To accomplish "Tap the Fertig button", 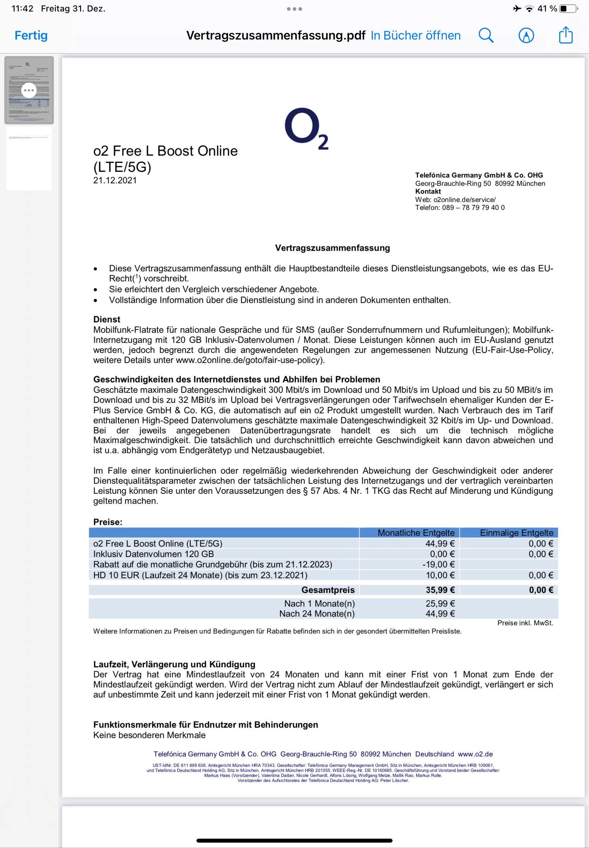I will pyautogui.click(x=31, y=36).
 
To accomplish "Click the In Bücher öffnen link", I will pyautogui.click(x=416, y=36).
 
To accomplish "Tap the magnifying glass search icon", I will pyautogui.click(x=486, y=36).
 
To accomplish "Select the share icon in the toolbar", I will pyautogui.click(x=565, y=35).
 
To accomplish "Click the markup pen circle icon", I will pyautogui.click(x=526, y=36).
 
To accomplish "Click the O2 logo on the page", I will pyautogui.click(x=306, y=128).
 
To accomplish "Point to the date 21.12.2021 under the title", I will pyautogui.click(x=115, y=180).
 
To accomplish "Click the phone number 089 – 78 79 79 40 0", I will pyautogui.click(x=473, y=207).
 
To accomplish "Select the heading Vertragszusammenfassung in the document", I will pyautogui.click(x=332, y=248).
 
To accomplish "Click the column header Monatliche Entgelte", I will pyautogui.click(x=416, y=533).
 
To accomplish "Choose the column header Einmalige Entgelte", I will pyautogui.click(x=516, y=533).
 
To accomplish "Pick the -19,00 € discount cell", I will pyautogui.click(x=438, y=564).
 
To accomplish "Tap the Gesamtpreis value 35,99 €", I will pyautogui.click(x=440, y=590).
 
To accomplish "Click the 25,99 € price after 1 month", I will pyautogui.click(x=440, y=603).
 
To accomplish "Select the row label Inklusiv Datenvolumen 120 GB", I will pyautogui.click(x=153, y=554).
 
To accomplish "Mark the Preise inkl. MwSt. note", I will pyautogui.click(x=525, y=623).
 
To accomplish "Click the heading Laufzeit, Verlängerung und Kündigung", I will pyautogui.click(x=174, y=664).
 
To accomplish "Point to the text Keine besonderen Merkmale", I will pyautogui.click(x=149, y=735).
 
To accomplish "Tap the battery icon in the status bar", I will pyautogui.click(x=568, y=9).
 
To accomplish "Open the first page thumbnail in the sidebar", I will pyautogui.click(x=29, y=90).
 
